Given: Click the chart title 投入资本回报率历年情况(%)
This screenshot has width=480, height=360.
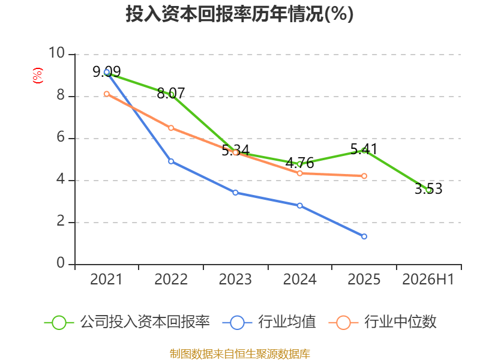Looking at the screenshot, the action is click(x=239, y=14).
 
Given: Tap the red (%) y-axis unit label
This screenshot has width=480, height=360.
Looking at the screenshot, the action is click(x=38, y=76).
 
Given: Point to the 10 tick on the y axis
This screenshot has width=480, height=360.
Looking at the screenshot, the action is click(x=57, y=53).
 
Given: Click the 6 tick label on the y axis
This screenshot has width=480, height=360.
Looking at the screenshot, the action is click(x=61, y=137).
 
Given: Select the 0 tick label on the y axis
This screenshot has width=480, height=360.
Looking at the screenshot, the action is click(x=61, y=263).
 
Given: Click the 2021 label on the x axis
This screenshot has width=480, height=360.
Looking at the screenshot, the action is click(x=106, y=279).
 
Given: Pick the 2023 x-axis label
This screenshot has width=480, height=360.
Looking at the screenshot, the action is click(x=235, y=279).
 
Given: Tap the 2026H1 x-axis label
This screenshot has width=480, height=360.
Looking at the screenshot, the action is click(x=428, y=279).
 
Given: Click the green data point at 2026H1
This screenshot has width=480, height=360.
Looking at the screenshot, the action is click(x=428, y=190).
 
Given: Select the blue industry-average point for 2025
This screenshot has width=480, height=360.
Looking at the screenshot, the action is click(x=364, y=236).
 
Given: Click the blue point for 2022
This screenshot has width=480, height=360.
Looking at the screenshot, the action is click(x=171, y=161).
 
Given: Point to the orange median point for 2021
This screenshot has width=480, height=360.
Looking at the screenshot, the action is click(x=107, y=94).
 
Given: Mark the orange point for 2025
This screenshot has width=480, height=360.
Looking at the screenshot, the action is click(x=364, y=176).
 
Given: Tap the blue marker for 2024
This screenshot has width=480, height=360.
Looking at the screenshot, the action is click(x=299, y=206).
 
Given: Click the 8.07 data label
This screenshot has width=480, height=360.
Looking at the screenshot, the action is click(x=171, y=93).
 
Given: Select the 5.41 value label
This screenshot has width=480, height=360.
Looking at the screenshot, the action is click(x=364, y=149).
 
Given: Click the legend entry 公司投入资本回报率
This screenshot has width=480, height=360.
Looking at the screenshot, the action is click(x=127, y=322).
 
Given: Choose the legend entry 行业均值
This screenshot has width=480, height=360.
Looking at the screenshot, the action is click(x=269, y=322).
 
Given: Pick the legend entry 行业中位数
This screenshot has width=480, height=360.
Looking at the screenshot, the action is click(x=382, y=322).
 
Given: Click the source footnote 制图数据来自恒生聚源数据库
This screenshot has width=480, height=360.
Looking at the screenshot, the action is click(x=239, y=353).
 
